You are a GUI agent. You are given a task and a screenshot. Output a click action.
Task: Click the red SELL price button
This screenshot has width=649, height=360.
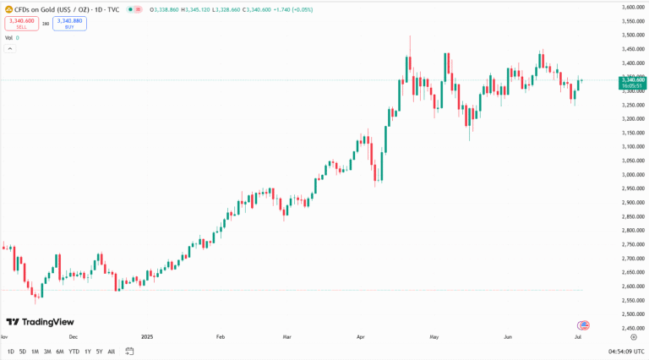click(x=21, y=24)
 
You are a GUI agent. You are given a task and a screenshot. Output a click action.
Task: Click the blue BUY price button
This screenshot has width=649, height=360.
click(x=69, y=24)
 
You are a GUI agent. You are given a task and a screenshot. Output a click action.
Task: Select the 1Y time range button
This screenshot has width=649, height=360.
click(x=87, y=351)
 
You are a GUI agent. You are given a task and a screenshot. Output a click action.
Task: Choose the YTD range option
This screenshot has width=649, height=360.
click(x=74, y=351)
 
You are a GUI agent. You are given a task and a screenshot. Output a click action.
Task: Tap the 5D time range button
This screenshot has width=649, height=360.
click(x=23, y=351)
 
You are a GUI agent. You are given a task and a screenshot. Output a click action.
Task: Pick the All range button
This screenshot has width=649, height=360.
click(x=112, y=351)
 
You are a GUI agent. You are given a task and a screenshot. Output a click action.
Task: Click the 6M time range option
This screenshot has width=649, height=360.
click(x=59, y=351)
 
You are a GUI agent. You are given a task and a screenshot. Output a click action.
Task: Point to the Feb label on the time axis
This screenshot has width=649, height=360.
click(x=221, y=336)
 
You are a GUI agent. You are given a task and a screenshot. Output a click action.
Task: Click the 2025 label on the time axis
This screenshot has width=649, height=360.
click(x=147, y=336)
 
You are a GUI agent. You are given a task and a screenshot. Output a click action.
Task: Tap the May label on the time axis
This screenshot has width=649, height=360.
click(x=435, y=336)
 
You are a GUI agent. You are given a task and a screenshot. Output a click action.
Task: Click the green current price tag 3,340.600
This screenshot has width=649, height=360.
click(x=633, y=80)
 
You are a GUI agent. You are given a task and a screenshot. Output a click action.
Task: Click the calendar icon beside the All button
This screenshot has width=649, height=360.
click(x=130, y=350)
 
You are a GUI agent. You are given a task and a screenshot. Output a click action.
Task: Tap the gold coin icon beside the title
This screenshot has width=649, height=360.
click(x=7, y=9)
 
